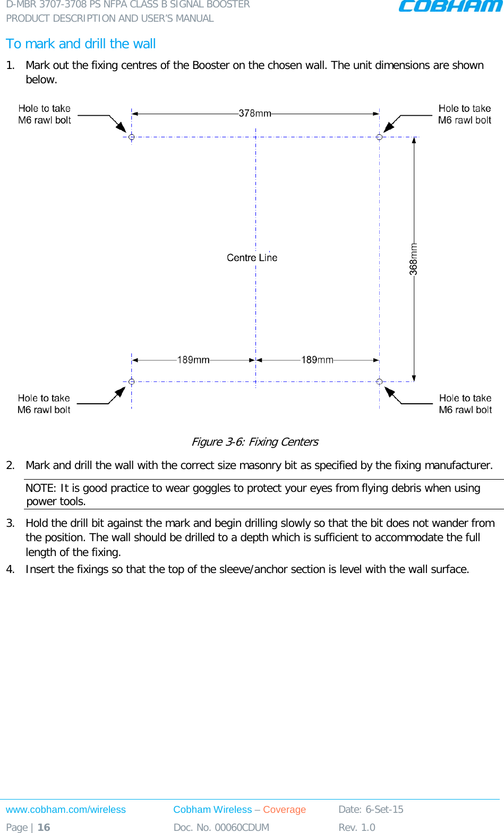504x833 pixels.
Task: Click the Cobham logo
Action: click(450, 6)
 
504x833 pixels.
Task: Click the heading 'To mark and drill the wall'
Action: click(81, 44)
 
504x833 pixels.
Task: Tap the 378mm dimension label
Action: click(255, 114)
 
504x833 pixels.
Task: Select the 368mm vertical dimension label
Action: click(413, 259)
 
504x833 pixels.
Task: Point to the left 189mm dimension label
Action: click(193, 360)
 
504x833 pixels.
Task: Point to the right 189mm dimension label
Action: click(317, 360)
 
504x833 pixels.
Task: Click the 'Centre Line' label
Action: click(252, 258)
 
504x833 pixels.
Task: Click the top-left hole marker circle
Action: click(132, 137)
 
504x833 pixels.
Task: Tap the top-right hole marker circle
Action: click(379, 137)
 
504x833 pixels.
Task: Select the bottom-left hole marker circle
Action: click(132, 381)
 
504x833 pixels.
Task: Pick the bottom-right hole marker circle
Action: click(379, 381)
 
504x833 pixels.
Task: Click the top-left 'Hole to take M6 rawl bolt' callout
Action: click(45, 114)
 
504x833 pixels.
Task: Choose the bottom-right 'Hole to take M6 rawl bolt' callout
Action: click(465, 404)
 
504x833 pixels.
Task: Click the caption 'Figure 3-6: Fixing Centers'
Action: click(254, 442)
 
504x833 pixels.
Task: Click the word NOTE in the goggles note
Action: click(40, 488)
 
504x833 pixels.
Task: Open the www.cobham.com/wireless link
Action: click(66, 810)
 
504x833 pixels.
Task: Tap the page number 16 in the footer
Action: click(44, 827)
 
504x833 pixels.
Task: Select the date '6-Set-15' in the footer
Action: click(384, 810)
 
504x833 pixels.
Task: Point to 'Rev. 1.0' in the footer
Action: click(357, 827)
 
